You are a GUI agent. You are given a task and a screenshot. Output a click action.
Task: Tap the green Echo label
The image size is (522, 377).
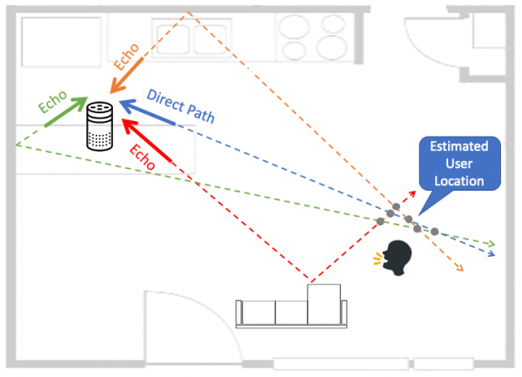coord(54,103)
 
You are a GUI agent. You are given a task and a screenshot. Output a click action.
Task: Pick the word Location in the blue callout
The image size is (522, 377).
coord(460,181)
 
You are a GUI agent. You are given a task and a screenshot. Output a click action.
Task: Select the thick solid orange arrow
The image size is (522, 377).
coord(126,76)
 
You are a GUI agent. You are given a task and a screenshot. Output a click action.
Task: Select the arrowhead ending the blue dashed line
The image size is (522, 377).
coord(492,254)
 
